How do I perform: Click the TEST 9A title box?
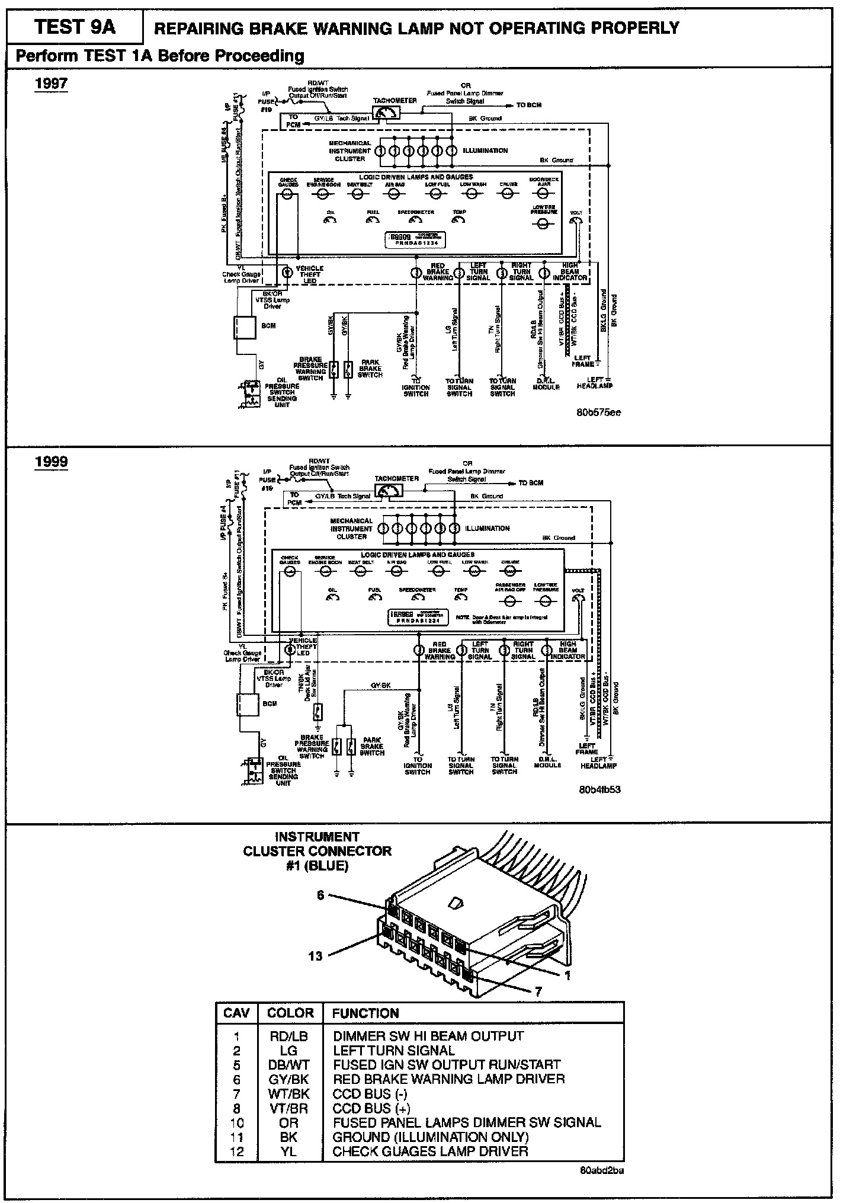(75, 28)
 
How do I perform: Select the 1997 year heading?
(52, 83)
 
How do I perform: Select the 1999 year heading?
(52, 462)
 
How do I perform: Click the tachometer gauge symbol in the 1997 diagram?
(386, 113)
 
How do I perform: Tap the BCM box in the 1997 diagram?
(245, 327)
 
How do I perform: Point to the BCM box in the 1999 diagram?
(247, 704)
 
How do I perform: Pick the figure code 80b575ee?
(598, 412)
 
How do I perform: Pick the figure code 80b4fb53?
(600, 790)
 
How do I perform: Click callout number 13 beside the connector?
(315, 956)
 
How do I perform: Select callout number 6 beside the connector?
(320, 895)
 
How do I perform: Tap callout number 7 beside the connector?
(538, 993)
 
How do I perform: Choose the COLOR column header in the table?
(290, 1013)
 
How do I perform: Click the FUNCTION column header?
(365, 1013)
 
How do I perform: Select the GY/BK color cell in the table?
(289, 1079)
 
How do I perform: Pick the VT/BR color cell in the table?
(289, 1108)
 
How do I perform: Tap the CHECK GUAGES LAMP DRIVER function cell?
(430, 1151)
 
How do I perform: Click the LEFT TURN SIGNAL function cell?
(394, 1050)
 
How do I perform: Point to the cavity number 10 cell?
(236, 1122)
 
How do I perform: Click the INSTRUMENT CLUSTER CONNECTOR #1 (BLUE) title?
(317, 851)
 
